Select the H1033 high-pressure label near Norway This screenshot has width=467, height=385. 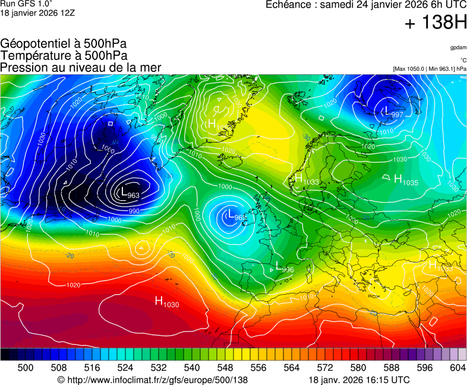[307, 179]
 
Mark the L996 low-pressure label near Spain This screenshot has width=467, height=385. [285, 267]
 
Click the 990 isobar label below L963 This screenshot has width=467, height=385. [135, 211]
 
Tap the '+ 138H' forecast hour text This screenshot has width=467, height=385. [436, 23]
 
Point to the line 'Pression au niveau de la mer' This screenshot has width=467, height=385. [81, 68]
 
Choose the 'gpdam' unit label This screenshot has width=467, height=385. [458, 48]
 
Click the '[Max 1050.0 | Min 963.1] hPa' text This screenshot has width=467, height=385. [430, 69]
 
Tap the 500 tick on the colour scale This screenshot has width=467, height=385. [26, 368]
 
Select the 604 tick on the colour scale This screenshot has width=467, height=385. [457, 368]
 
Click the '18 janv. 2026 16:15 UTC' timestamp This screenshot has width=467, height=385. [359, 380]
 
